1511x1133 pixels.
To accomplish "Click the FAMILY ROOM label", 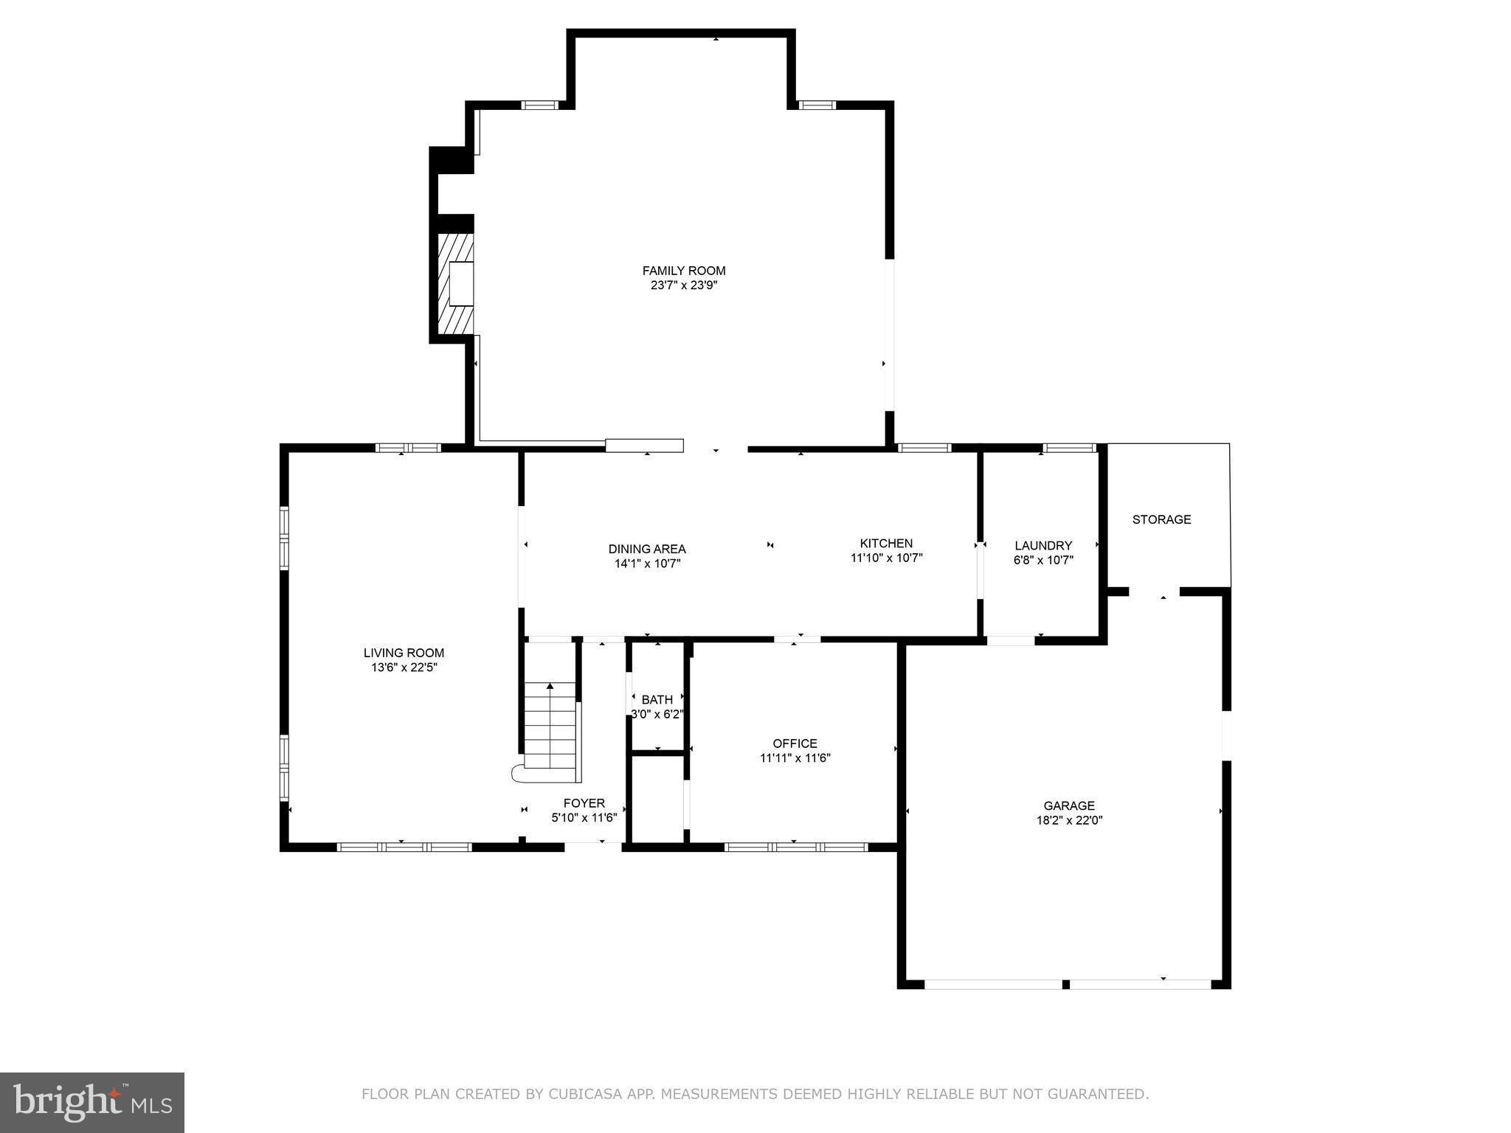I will tap(683, 271).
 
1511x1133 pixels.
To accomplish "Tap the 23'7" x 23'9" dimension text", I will tap(683, 285).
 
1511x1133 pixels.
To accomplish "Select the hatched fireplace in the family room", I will tap(456, 284).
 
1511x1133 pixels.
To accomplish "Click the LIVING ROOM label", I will tap(404, 653).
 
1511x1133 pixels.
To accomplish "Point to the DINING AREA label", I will tap(646, 549).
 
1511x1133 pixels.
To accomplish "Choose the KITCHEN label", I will tap(885, 544).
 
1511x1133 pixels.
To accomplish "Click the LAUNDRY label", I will tap(1043, 546).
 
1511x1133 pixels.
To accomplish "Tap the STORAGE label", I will tap(1161, 519).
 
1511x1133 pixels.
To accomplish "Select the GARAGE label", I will tap(1068, 805).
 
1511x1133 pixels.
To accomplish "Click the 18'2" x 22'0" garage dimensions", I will tap(1068, 820).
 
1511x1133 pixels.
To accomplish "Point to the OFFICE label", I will tap(795, 744).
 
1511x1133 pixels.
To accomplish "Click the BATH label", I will tap(657, 700).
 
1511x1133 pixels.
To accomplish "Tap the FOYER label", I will tap(584, 803).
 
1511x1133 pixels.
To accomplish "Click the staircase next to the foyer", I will tap(550, 730).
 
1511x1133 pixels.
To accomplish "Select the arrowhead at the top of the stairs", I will tap(550, 686).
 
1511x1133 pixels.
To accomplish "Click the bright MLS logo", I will tap(92, 1102).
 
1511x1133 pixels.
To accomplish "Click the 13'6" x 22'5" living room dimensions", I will tap(404, 668).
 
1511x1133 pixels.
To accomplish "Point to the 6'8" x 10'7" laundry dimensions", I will tap(1043, 560).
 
